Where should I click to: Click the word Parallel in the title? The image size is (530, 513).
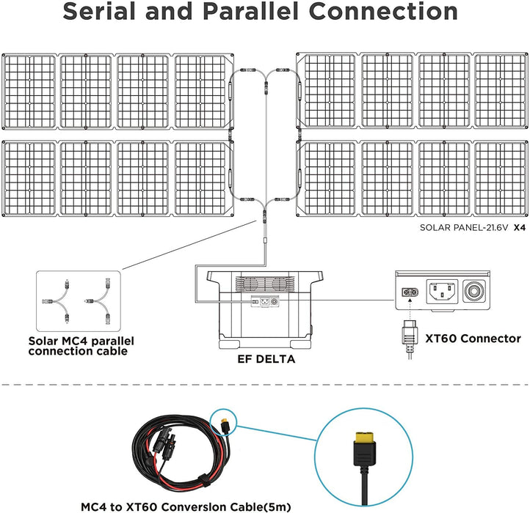coord(259,12)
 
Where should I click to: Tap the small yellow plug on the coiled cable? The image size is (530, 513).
coord(222,422)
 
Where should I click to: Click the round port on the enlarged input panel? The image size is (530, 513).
coord(486,289)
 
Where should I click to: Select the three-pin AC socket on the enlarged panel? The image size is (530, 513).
coord(444,289)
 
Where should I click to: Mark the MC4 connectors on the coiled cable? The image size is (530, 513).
coord(163,442)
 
